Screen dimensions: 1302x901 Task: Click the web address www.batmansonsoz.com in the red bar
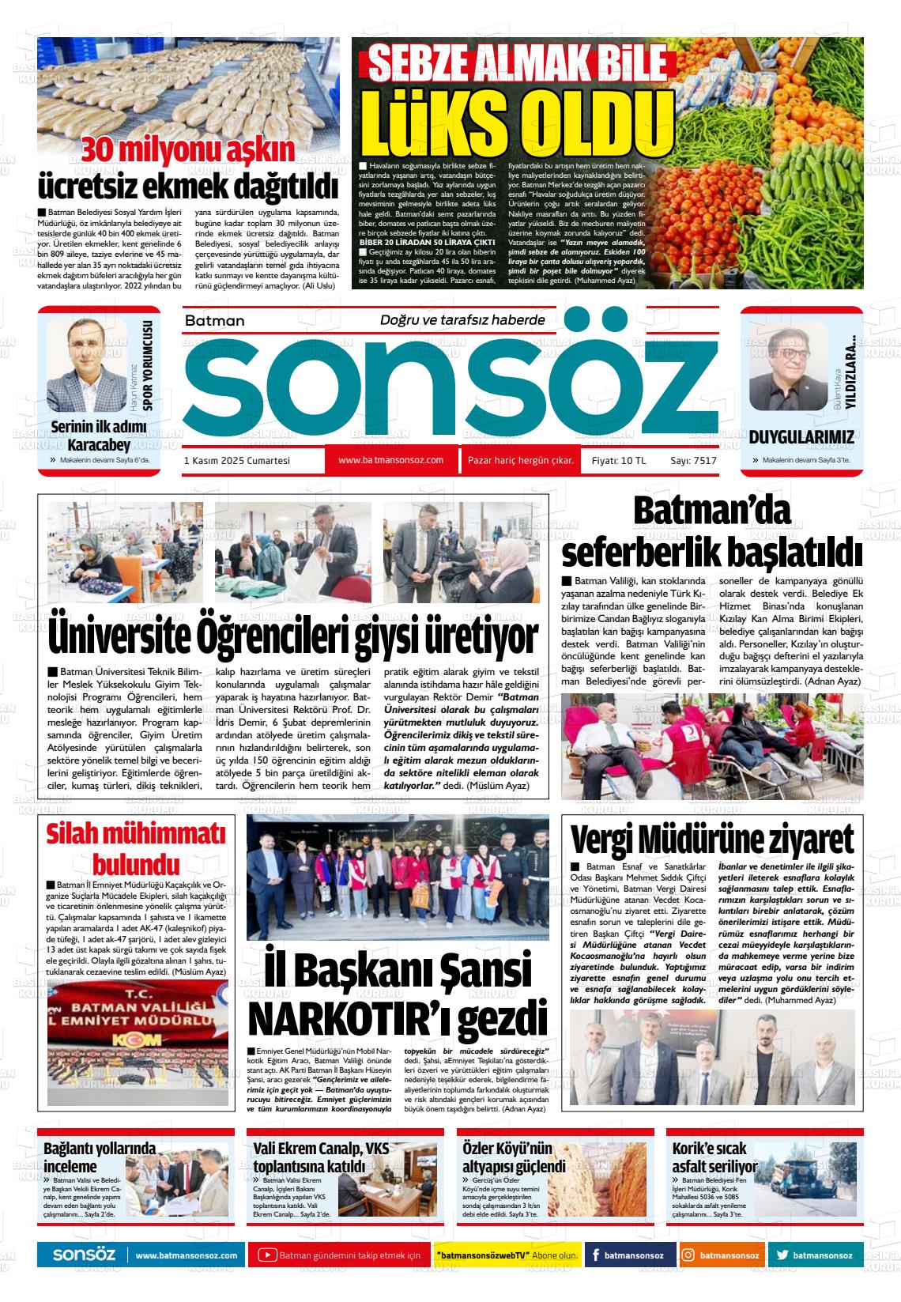point(390,460)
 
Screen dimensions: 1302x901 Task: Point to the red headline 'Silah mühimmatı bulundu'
point(136,847)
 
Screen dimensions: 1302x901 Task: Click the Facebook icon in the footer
point(595,1255)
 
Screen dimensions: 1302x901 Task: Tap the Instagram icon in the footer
point(688,1255)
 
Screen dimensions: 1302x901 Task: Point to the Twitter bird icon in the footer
point(782,1255)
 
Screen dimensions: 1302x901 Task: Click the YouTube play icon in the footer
point(268,1255)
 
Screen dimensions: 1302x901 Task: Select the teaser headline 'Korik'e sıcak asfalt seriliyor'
point(714,1157)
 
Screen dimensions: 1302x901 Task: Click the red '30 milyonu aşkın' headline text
point(189,149)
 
